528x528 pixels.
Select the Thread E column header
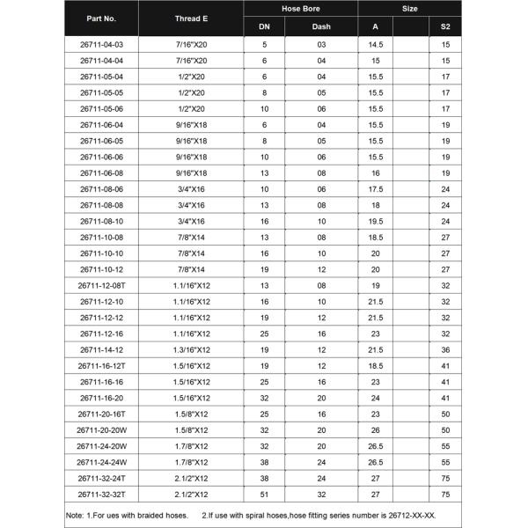(x=191, y=18)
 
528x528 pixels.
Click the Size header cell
(x=410, y=9)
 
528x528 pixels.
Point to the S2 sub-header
(x=445, y=26)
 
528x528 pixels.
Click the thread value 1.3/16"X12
(x=191, y=349)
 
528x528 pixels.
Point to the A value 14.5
(x=376, y=44)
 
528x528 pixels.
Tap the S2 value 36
(x=445, y=349)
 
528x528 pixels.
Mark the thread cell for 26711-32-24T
(x=191, y=478)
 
